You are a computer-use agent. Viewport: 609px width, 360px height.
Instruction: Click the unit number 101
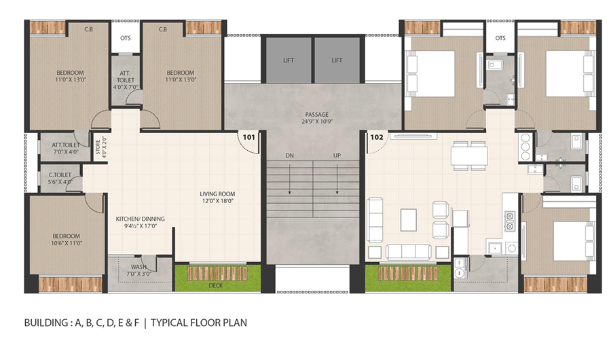pyautogui.click(x=249, y=137)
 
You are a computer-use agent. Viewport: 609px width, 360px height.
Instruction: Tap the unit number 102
pyautogui.click(x=377, y=137)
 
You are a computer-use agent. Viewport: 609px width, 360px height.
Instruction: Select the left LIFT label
pyautogui.click(x=289, y=60)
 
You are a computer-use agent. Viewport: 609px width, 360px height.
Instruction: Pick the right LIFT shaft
pyautogui.click(x=337, y=60)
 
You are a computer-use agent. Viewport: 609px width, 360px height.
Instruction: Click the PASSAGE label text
pyautogui.click(x=317, y=115)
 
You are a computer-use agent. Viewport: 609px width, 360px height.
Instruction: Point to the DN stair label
pyautogui.click(x=290, y=156)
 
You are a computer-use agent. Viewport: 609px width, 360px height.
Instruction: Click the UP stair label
pyautogui.click(x=337, y=156)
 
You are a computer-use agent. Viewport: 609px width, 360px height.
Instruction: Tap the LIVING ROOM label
pyautogui.click(x=217, y=194)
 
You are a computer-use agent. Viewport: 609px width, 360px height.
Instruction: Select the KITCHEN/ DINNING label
pyautogui.click(x=141, y=219)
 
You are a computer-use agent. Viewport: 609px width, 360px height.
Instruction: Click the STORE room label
pyautogui.click(x=98, y=147)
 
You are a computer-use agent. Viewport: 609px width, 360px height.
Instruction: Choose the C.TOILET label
pyautogui.click(x=60, y=175)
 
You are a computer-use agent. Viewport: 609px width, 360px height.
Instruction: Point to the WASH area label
pyautogui.click(x=139, y=267)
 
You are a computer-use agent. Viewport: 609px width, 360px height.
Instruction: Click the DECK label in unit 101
pyautogui.click(x=215, y=285)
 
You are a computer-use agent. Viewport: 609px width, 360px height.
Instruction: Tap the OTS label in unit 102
pyautogui.click(x=500, y=38)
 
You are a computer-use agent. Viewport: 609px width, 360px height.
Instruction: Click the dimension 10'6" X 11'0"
pyautogui.click(x=66, y=243)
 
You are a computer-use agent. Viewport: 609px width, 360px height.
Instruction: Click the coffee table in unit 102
pyautogui.click(x=409, y=220)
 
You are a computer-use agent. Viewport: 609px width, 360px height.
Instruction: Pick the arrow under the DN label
pyautogui.click(x=290, y=179)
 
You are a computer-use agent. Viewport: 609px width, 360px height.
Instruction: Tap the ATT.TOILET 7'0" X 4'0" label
pyautogui.click(x=65, y=148)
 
